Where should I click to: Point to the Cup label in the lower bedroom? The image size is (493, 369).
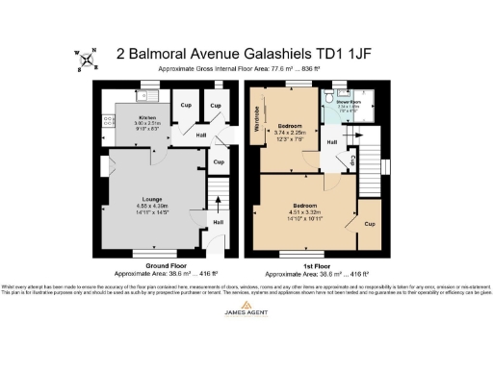tap(368, 223)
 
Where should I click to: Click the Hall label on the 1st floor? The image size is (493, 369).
tap(331, 142)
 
